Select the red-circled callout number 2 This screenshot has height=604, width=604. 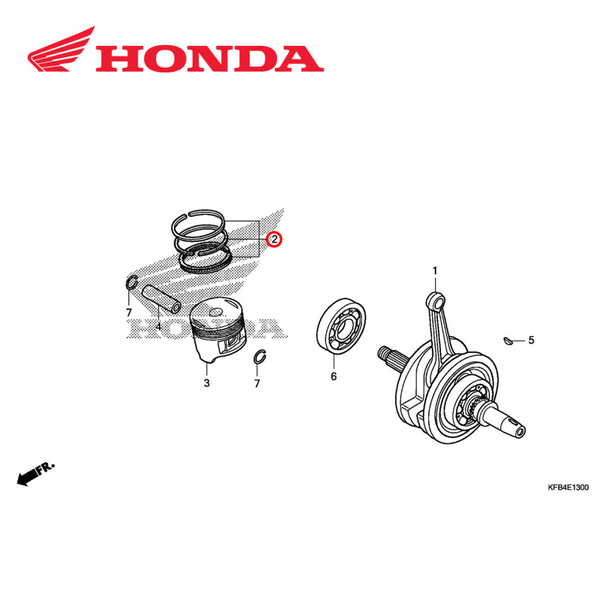point(274,240)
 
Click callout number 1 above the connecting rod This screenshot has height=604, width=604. point(434,270)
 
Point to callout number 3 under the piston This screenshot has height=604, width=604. point(206,383)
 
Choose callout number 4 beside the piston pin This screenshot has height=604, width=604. point(158,327)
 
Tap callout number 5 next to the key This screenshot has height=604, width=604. point(531,340)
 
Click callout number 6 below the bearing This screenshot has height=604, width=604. point(333,377)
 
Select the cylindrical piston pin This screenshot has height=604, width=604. point(161,298)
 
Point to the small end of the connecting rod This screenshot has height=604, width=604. point(436,299)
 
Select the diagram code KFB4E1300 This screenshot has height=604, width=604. point(568,487)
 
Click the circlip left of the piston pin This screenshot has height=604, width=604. point(132,283)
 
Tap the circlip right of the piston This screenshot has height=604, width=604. point(260,357)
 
